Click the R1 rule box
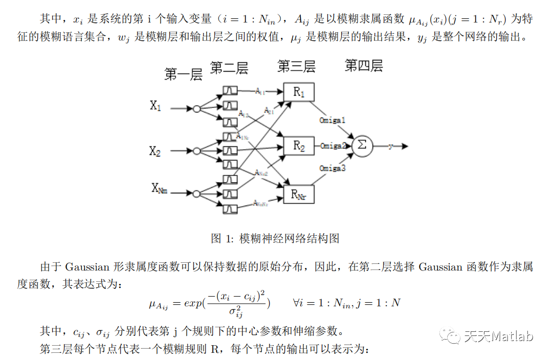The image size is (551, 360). tap(298, 93)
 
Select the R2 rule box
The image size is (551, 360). tap(298, 146)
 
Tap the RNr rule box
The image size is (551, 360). tap(298, 194)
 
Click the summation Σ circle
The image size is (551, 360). tap(362, 145)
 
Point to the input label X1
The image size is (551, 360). tap(156, 106)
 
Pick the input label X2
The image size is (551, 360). tap(155, 151)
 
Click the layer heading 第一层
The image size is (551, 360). tap(183, 75)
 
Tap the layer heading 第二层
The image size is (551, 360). tap(229, 68)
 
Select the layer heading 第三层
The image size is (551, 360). tap(296, 66)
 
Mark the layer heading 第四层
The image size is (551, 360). tap(364, 65)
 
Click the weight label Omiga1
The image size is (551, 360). tap(333, 121)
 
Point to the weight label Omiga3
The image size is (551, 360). tap(333, 168)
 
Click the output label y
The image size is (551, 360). tap(390, 146)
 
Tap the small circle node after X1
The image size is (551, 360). tap(196, 108)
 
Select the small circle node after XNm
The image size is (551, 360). tap(196, 193)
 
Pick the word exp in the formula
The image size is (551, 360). tap(193, 303)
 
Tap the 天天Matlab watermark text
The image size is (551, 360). tap(498, 336)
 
